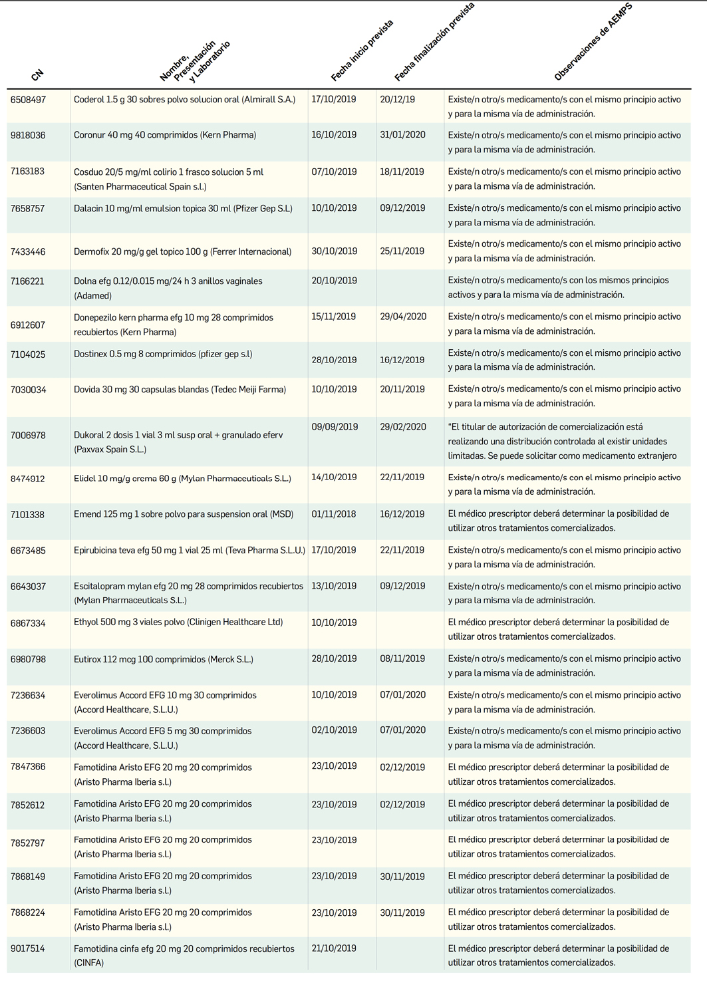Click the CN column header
point(37,74)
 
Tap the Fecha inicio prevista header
point(362,51)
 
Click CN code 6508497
point(29,100)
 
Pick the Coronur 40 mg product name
point(165,135)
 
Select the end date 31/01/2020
point(402,135)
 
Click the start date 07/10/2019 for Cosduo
point(334,172)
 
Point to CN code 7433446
point(29,251)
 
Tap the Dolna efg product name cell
point(168,288)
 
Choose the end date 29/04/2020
point(403,317)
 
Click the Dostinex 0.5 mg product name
point(163,354)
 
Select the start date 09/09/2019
point(335,427)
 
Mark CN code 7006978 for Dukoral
point(29,435)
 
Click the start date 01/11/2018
point(334,514)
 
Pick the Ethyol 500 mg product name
point(178,623)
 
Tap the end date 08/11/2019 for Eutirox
point(402,658)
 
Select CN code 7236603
point(29,730)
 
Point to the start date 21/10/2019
point(334,948)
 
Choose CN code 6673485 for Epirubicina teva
point(29,551)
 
